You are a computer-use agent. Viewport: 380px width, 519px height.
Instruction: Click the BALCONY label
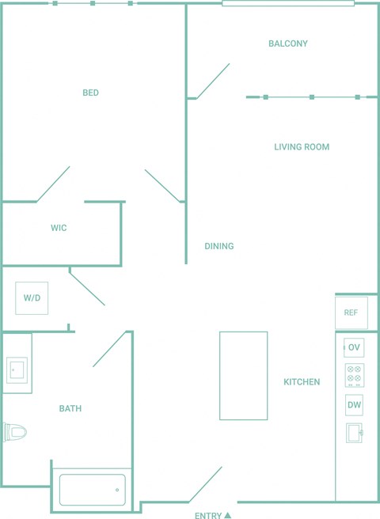click(288, 44)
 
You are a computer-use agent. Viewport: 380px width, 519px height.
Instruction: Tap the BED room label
click(90, 93)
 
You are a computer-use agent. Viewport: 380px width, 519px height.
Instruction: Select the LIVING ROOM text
click(302, 146)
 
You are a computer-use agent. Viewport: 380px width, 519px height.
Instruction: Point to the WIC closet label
click(59, 228)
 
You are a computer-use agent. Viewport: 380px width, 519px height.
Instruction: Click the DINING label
click(219, 246)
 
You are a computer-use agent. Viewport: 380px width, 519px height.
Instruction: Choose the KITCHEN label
click(302, 381)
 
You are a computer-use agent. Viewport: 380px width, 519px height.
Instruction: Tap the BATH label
click(70, 408)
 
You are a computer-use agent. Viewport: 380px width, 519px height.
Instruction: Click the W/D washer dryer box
click(32, 298)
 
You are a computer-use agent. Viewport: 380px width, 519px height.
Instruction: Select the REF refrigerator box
click(351, 313)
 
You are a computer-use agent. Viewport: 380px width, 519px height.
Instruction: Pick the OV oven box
click(354, 347)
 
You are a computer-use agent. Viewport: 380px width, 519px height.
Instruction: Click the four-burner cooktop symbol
click(355, 375)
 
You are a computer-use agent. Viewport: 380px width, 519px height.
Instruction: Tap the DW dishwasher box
click(354, 405)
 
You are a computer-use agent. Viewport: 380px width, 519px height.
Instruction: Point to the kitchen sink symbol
click(354, 433)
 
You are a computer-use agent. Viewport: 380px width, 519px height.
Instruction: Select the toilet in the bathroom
click(15, 432)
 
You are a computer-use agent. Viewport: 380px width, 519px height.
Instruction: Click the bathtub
click(93, 490)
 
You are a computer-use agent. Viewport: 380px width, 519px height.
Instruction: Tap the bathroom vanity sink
click(17, 369)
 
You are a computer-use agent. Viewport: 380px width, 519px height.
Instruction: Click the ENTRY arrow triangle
click(227, 515)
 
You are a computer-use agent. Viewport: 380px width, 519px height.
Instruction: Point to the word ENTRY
click(208, 515)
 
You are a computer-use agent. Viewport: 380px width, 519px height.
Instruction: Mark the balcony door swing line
click(213, 81)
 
